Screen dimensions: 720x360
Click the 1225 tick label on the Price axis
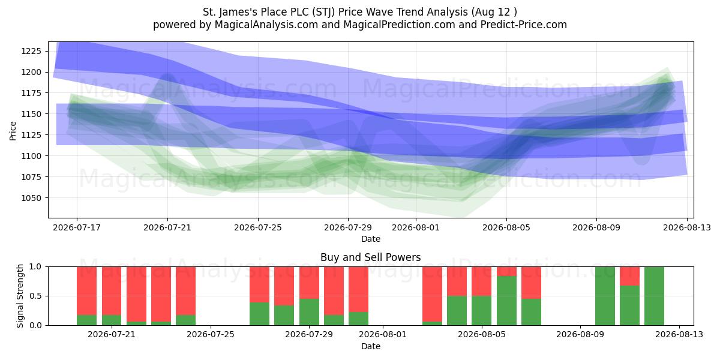31,51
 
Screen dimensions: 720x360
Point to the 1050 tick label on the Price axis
31,198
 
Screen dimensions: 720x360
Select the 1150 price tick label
31,114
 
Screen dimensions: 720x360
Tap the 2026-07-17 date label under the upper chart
77,227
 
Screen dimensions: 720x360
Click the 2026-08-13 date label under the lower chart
679,335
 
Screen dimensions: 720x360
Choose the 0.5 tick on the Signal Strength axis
35,296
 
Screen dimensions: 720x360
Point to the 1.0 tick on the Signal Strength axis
35,266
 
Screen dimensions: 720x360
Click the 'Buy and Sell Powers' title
371,257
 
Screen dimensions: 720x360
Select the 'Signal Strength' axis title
20,296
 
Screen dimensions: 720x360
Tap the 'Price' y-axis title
13,131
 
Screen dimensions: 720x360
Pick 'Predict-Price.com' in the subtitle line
524,25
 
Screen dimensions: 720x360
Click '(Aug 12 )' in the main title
494,12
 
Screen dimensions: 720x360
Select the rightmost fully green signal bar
654,296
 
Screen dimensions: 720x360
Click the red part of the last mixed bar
629,276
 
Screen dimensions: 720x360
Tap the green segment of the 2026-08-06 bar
506,301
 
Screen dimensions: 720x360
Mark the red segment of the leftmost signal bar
86,291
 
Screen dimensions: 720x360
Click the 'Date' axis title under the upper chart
371,239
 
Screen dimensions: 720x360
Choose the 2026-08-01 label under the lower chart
383,335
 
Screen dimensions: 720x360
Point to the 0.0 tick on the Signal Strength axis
35,325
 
